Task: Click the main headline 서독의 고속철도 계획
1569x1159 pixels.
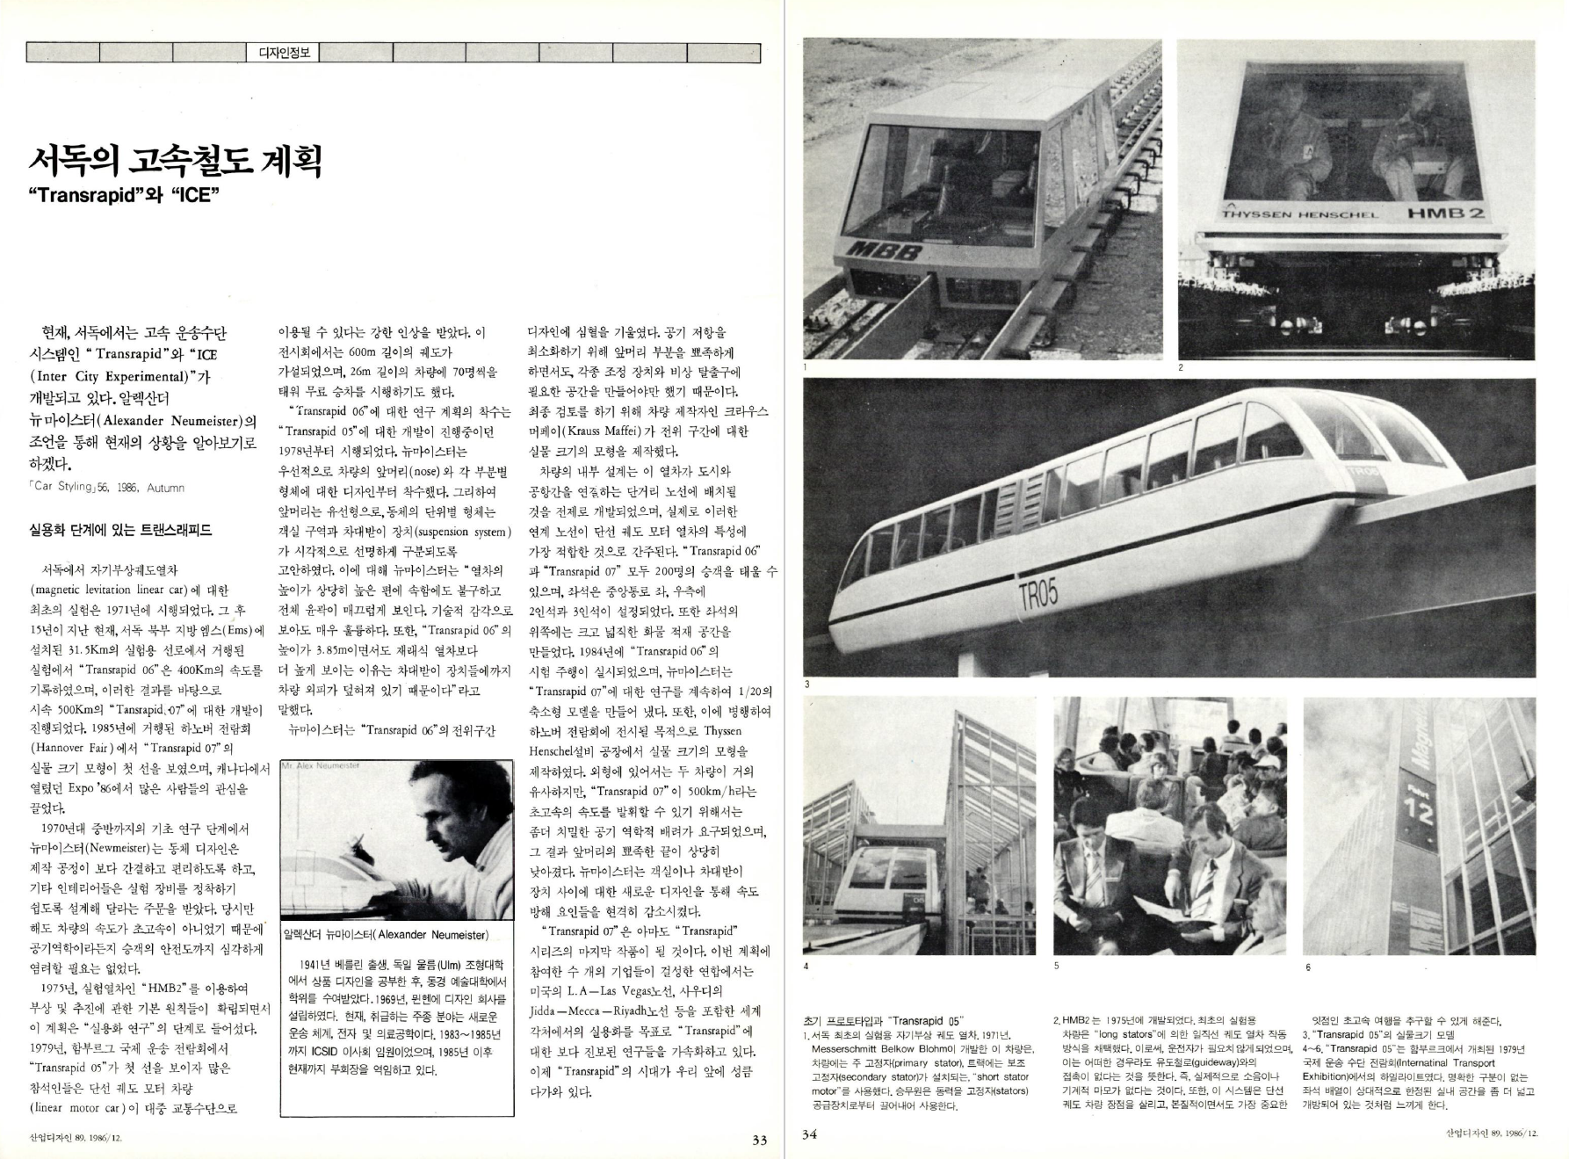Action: [x=176, y=161]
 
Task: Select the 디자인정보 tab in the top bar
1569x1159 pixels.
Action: [x=283, y=53]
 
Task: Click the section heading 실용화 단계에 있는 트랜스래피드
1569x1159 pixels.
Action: [x=120, y=530]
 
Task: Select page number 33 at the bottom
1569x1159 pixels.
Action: [x=760, y=1140]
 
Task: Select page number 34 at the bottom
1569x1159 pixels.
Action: [x=810, y=1134]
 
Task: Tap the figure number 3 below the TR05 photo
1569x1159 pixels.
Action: [x=807, y=685]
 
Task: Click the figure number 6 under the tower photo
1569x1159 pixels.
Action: [x=1307, y=967]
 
